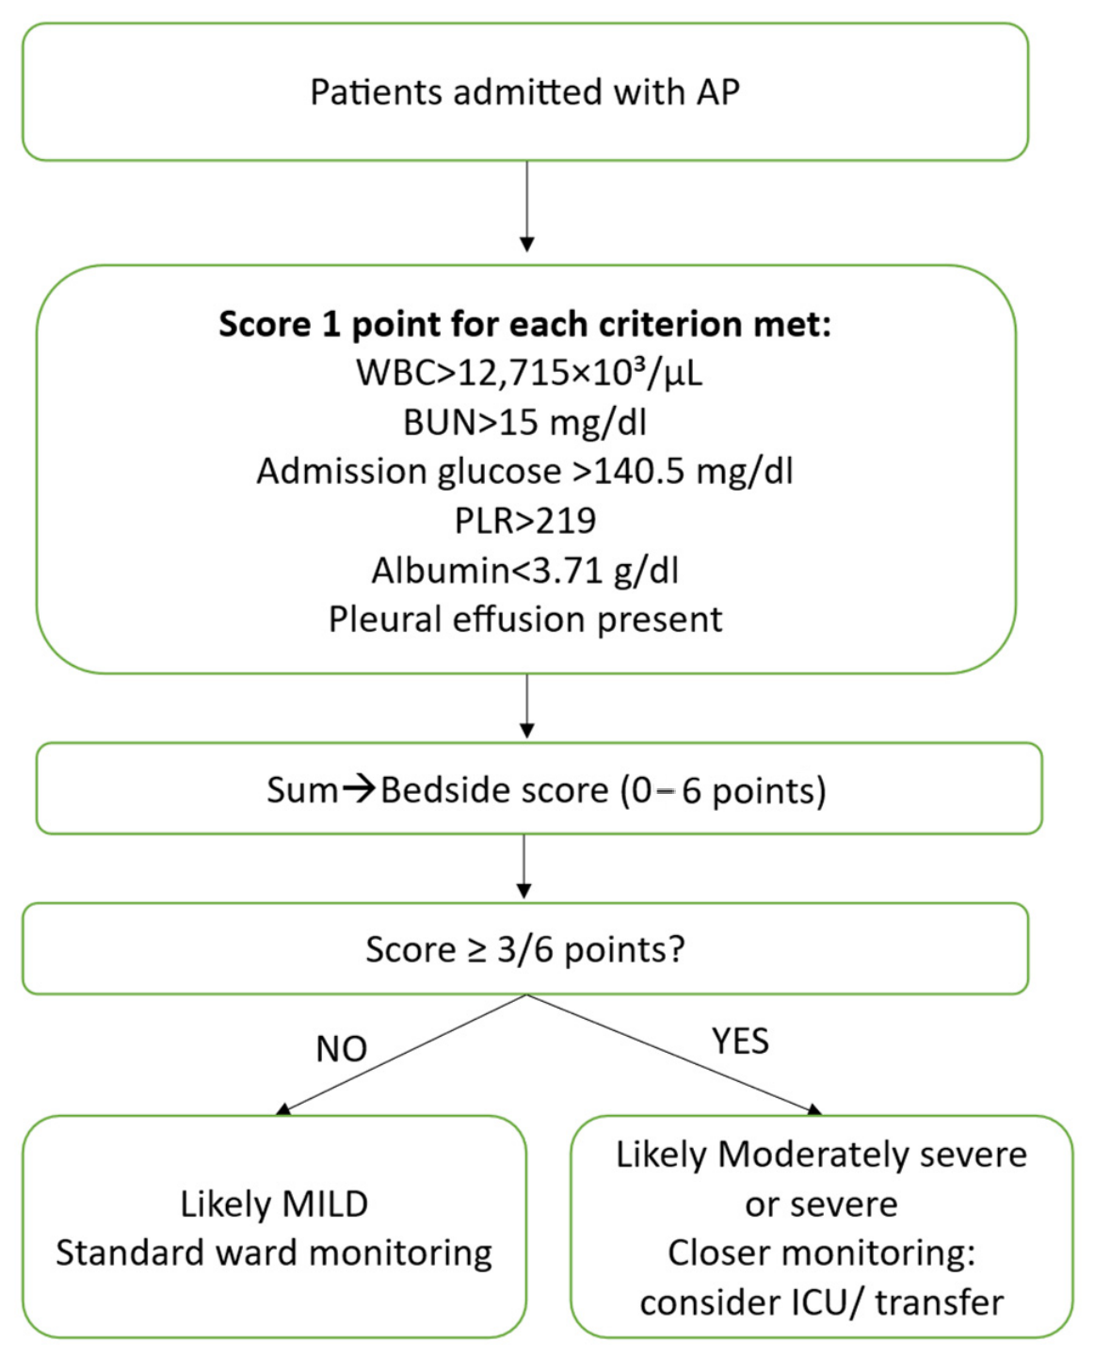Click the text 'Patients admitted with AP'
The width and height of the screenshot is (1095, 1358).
524,92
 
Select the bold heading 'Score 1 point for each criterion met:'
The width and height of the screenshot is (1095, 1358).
525,324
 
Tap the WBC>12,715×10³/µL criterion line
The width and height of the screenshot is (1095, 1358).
529,373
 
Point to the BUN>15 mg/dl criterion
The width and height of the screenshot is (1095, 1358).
525,423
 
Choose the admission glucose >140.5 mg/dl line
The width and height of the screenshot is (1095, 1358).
525,472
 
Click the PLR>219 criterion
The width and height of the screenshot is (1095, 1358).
525,521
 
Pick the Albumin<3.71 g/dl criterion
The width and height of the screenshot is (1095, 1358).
525,571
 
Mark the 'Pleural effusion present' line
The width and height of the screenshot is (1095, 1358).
525,619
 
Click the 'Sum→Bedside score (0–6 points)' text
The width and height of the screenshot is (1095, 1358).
546,790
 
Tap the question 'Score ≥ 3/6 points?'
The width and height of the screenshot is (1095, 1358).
525,949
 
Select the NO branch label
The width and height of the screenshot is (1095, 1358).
341,1049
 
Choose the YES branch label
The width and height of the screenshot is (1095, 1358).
740,1042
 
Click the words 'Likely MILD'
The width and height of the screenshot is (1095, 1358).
274,1204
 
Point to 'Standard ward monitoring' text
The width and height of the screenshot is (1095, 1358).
274,1253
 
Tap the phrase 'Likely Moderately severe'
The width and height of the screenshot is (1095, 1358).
822,1155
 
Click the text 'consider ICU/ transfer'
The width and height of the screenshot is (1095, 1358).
822,1302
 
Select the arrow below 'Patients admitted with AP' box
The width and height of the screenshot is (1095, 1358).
527,205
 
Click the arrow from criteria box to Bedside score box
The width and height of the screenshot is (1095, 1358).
527,705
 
